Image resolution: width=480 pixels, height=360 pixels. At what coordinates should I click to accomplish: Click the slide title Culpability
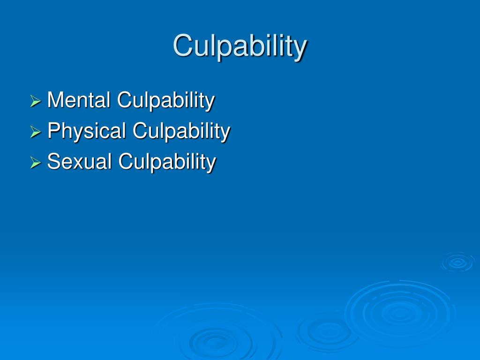tap(240, 46)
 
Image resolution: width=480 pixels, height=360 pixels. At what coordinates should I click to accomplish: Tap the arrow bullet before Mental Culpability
tap(36, 101)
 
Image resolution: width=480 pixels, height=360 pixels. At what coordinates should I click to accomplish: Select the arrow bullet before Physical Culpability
tap(36, 132)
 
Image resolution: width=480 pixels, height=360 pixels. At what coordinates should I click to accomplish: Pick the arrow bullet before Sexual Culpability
tap(36, 163)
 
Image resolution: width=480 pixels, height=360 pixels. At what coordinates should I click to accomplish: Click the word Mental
tap(79, 100)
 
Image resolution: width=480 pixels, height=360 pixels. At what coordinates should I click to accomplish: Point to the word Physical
tap(87, 131)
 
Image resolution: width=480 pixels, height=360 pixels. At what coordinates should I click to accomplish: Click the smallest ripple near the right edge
tap(457, 262)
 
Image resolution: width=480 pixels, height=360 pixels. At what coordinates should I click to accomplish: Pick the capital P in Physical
tap(53, 131)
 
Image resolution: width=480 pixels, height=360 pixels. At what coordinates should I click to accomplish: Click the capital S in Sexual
tap(53, 162)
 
